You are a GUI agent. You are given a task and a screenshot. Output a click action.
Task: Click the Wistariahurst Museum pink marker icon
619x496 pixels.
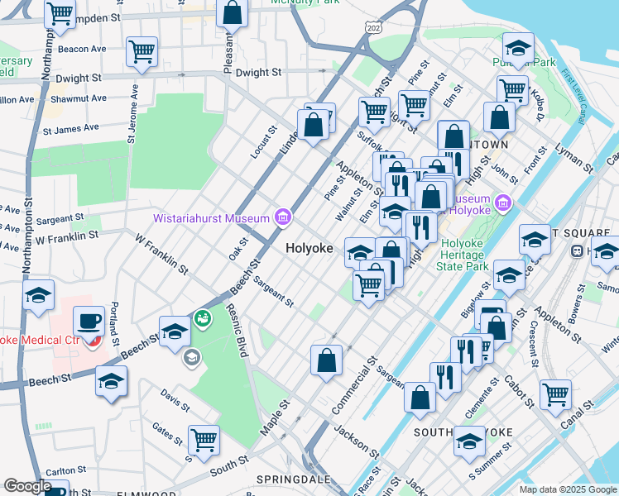pos(283,217)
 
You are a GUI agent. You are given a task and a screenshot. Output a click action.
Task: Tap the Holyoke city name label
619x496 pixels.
pos(309,248)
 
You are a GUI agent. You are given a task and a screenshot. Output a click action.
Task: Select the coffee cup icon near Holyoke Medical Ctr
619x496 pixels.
pos(89,321)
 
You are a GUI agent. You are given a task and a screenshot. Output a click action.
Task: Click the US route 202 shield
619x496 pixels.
pos(373,28)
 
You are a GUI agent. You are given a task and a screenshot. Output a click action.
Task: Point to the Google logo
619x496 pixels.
pos(27,486)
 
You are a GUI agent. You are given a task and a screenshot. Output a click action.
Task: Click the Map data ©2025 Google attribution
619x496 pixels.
pos(568,489)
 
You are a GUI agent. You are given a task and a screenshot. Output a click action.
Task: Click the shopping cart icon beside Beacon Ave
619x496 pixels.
pos(142,51)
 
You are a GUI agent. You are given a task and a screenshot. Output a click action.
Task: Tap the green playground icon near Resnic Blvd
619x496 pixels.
pos(202,317)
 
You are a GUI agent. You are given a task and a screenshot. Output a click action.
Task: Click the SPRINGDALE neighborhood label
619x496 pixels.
pos(288,479)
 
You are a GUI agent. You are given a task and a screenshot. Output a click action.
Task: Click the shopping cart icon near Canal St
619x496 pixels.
pos(555,393)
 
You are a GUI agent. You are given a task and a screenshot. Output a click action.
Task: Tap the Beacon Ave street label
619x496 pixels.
pos(83,50)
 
